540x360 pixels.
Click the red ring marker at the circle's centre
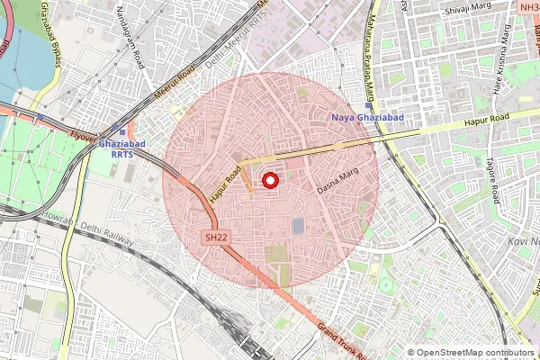[268, 181]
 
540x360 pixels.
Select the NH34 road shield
[529, 6]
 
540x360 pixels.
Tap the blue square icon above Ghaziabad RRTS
[122, 131]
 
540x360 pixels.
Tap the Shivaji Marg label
[465, 12]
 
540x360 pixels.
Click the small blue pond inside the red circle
[298, 225]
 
